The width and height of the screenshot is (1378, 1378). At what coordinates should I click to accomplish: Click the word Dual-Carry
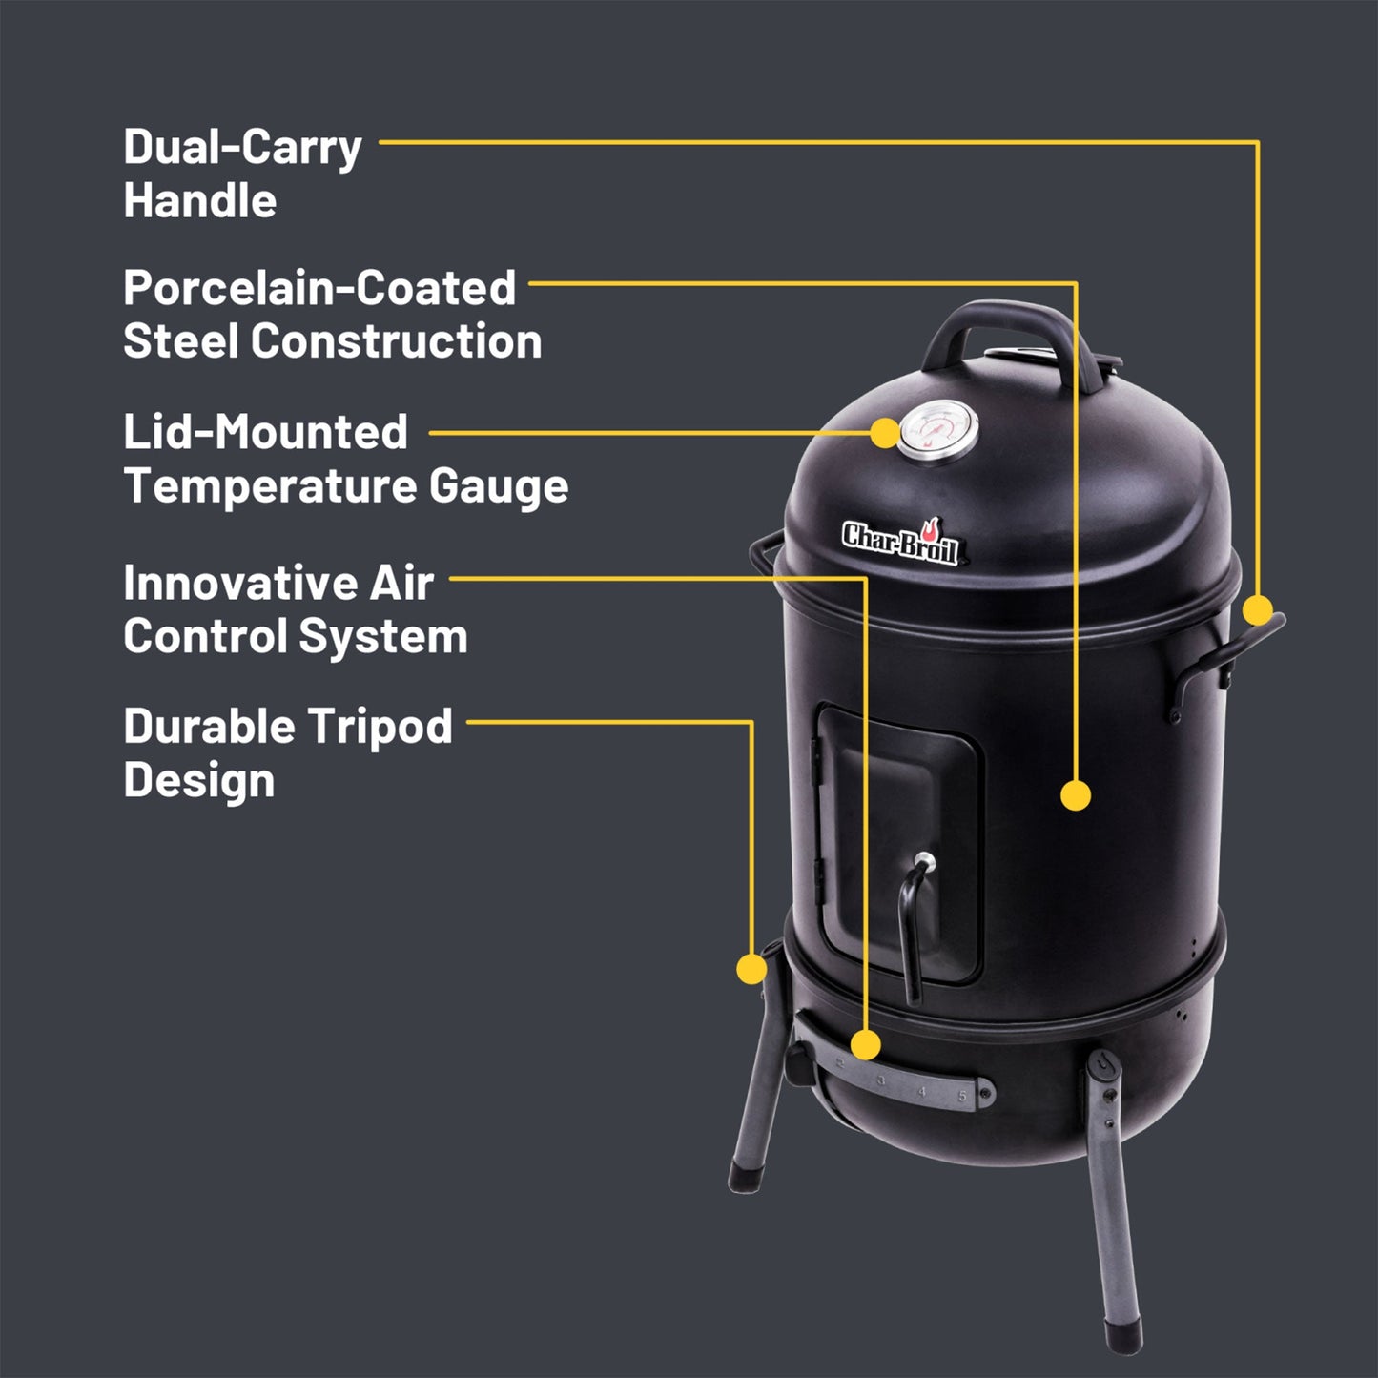[x=242, y=149]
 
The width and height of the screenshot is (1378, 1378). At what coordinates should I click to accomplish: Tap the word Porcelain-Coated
[x=319, y=289]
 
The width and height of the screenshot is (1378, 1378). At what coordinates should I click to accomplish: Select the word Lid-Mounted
[x=265, y=432]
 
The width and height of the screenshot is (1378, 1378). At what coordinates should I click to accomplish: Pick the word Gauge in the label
[x=498, y=486]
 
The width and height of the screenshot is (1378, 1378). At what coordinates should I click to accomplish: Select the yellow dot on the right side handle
[x=1258, y=608]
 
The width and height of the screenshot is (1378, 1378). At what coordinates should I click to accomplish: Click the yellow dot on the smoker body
[x=1076, y=794]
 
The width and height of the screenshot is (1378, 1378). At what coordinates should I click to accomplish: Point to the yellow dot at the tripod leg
[x=752, y=969]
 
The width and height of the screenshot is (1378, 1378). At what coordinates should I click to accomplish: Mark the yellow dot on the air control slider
[x=865, y=1045]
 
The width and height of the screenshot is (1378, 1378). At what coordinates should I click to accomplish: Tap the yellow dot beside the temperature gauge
[x=886, y=432]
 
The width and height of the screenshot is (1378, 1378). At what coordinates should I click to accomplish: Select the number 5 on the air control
[x=962, y=1096]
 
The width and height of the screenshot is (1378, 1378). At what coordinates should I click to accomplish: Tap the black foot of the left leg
[x=741, y=1178]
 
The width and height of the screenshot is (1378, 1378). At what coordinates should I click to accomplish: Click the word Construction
[x=397, y=342]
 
